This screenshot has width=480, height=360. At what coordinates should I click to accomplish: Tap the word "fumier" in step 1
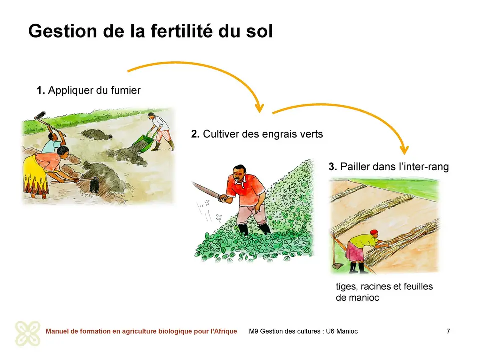(126, 90)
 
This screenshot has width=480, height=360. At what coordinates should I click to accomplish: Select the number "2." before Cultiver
(195, 134)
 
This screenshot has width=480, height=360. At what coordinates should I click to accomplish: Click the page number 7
(448, 331)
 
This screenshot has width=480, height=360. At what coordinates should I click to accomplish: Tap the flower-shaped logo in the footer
(28, 333)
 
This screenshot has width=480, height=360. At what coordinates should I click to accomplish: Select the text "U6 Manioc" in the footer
(342, 331)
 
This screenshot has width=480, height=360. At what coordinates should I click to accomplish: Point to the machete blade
(205, 190)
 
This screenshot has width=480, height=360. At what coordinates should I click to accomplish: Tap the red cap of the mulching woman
(374, 232)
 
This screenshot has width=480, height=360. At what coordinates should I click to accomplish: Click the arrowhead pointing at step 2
(259, 108)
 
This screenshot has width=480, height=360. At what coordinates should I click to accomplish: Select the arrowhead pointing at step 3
(404, 149)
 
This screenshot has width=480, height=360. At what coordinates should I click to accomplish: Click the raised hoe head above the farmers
(40, 115)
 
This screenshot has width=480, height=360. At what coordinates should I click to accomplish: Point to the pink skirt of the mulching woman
(354, 252)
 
